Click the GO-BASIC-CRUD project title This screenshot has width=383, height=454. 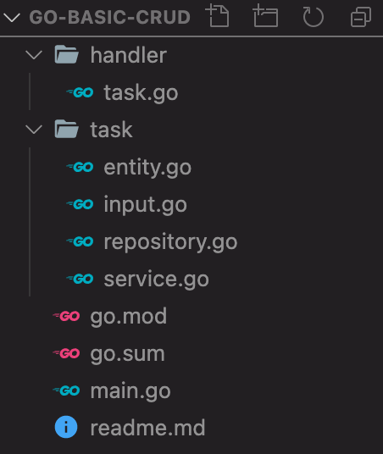click(x=109, y=18)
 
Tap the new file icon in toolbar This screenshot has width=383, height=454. click(x=218, y=17)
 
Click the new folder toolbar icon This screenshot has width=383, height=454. click(x=265, y=17)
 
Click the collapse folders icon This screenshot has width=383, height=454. click(x=361, y=17)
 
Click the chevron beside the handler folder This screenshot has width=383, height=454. click(x=34, y=56)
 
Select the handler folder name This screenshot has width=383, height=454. click(x=128, y=56)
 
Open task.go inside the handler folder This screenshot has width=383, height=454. click(x=141, y=93)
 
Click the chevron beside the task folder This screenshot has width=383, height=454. click(x=34, y=130)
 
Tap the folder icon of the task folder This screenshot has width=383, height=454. click(x=66, y=130)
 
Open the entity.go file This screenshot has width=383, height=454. click(x=147, y=168)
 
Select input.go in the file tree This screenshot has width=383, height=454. click(x=145, y=205)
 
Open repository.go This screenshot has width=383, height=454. click(x=169, y=242)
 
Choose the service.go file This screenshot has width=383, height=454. click(x=156, y=280)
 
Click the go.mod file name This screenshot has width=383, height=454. click(x=128, y=317)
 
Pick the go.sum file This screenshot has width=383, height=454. click(x=127, y=354)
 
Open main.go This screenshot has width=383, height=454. click(x=130, y=391)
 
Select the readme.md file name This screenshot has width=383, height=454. click(x=147, y=429)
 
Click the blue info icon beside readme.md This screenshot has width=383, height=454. click(x=66, y=429)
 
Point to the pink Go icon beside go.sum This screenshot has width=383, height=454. click(x=67, y=354)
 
